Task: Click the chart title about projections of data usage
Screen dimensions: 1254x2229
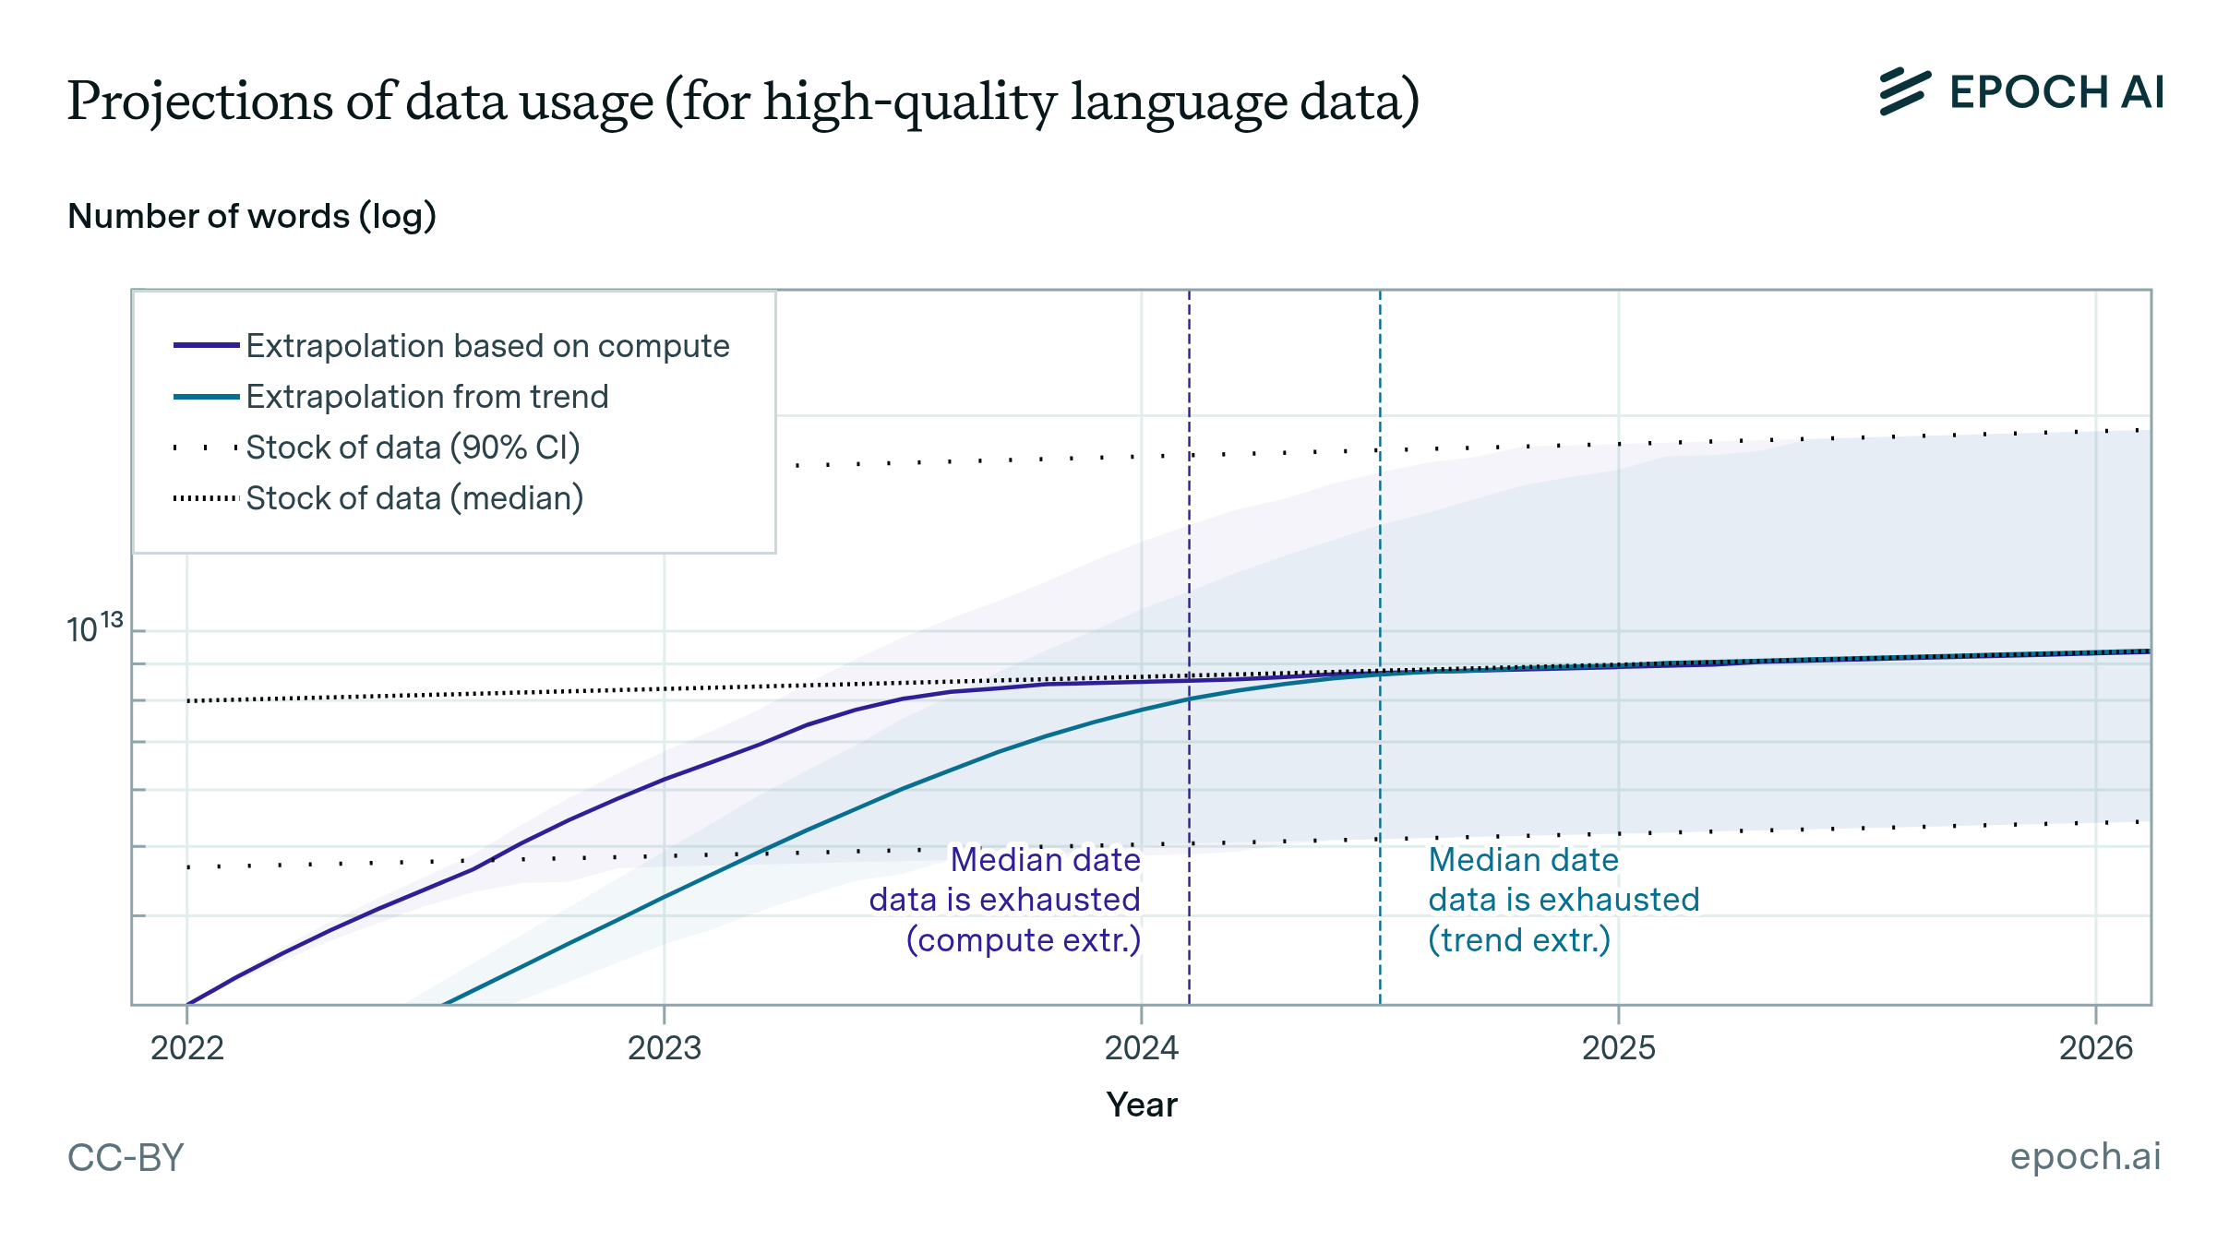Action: pyautogui.click(x=743, y=102)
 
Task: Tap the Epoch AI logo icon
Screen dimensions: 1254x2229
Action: pyautogui.click(x=1904, y=92)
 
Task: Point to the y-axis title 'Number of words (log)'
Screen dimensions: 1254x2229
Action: pyautogui.click(x=252, y=217)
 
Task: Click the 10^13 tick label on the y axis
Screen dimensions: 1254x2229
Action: pyautogui.click(x=94, y=629)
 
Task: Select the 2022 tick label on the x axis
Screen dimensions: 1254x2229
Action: pyautogui.click(x=187, y=1048)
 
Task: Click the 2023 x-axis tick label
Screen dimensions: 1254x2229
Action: pyautogui.click(x=665, y=1048)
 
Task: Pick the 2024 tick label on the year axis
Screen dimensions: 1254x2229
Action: pyautogui.click(x=1142, y=1048)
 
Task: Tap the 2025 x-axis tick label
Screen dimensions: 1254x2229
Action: pyautogui.click(x=1619, y=1048)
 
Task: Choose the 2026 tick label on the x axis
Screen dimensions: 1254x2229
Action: pyautogui.click(x=2096, y=1048)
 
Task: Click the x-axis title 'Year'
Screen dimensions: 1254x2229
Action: pyautogui.click(x=1142, y=1105)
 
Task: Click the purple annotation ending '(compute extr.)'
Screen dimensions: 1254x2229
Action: pyautogui.click(x=1005, y=900)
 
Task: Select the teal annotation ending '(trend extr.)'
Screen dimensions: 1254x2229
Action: pyautogui.click(x=1564, y=900)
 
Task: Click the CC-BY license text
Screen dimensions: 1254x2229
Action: pyautogui.click(x=126, y=1158)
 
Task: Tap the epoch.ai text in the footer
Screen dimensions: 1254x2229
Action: pyautogui.click(x=2085, y=1156)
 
